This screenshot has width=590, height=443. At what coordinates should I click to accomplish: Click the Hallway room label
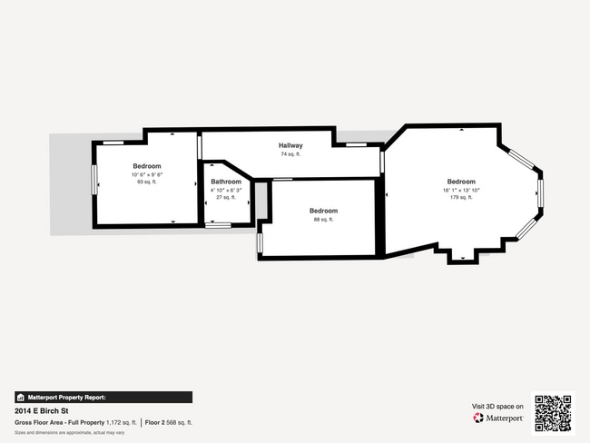coord(290,145)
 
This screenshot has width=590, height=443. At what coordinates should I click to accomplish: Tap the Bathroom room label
coord(226,182)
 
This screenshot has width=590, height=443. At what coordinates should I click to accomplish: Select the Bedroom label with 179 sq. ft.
coord(461,182)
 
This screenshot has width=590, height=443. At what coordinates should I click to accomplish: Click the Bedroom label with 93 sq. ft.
coord(147,166)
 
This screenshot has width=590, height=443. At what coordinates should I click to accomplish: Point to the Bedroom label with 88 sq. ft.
coord(324,211)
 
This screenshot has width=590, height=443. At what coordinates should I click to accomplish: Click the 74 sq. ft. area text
coord(290,154)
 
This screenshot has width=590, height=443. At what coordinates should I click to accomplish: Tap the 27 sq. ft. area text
coord(226,197)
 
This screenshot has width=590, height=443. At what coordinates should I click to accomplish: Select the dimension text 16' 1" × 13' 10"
coord(461,190)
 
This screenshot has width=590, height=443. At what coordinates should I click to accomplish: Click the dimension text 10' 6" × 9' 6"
coord(147,174)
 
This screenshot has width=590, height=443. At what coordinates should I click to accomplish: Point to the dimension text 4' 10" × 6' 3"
coord(226,190)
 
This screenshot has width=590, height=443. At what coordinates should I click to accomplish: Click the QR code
coord(553,413)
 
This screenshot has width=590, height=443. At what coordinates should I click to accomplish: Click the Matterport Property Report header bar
coord(103,397)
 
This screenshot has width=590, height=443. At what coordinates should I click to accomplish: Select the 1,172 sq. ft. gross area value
coord(121,422)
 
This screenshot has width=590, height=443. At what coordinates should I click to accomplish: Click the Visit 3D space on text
coord(497,406)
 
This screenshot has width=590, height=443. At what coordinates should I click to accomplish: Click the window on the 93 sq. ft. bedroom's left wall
coord(93,179)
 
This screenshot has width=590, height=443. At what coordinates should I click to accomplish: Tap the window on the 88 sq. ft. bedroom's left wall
coord(260,242)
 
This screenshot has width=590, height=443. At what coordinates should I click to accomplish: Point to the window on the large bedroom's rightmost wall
coord(540,192)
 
